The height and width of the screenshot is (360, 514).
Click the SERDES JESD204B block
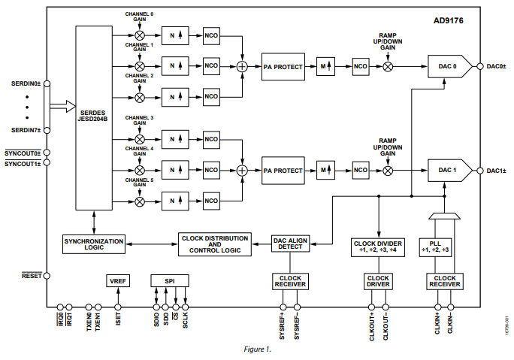[x=94, y=118]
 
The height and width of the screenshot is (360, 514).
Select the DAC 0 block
[x=449, y=67]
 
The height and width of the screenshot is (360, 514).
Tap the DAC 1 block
[x=449, y=171]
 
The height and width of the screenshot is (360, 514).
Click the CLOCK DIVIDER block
[x=378, y=247]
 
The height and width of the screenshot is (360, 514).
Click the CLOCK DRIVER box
[x=378, y=281]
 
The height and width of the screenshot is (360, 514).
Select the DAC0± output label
[x=495, y=67]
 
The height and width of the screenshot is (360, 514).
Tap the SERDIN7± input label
[x=26, y=130]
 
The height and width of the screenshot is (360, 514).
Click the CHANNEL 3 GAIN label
[x=140, y=122]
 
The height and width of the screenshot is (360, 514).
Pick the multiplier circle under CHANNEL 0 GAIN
[x=140, y=35]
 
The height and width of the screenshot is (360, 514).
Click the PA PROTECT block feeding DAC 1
[x=283, y=171]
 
